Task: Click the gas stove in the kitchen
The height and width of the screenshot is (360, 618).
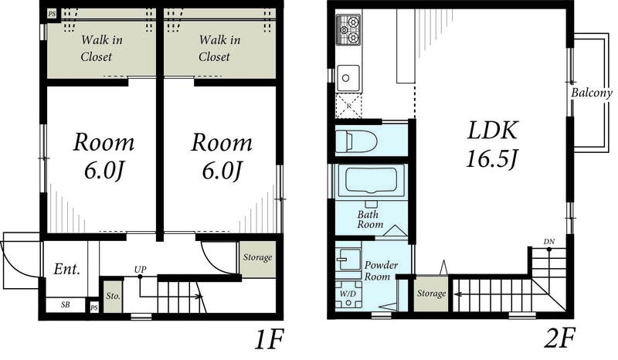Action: [348, 29]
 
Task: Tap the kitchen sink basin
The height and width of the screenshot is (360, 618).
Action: [348, 78]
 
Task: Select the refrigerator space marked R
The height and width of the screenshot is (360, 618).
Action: [348, 106]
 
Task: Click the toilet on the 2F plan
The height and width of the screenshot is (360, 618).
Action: [356, 141]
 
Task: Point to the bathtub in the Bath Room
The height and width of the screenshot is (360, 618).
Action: [372, 181]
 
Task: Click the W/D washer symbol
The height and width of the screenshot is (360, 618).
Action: [348, 294]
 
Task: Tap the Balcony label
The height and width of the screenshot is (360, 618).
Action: [592, 93]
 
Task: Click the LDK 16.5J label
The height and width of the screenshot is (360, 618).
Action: [492, 144]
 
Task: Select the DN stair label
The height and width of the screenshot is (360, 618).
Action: [549, 241]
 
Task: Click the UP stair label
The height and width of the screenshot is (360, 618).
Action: [140, 270]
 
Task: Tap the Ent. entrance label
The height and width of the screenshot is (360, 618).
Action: [67, 270]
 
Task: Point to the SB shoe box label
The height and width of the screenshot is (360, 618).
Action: [66, 305]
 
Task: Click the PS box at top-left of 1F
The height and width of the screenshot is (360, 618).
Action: [52, 14]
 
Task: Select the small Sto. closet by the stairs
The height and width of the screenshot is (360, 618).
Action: [113, 296]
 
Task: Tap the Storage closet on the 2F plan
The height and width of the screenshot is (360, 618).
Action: [431, 294]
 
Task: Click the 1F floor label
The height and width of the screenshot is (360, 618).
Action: [269, 340]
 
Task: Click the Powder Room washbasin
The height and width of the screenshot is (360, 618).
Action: [348, 259]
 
